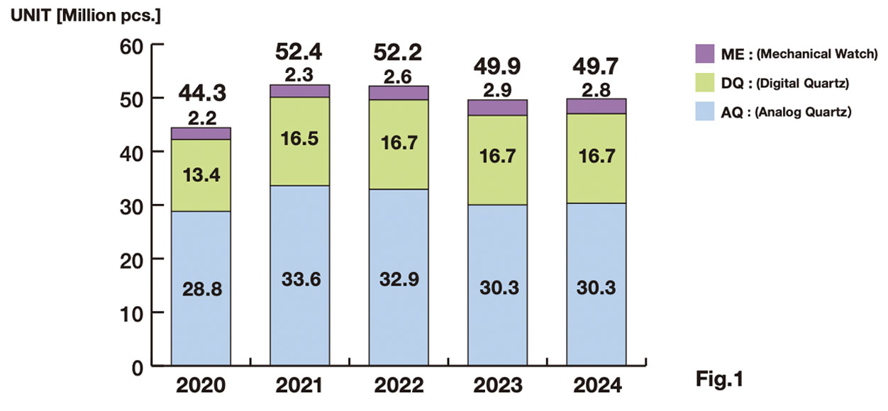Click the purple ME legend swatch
click(x=706, y=53)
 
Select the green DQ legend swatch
click(x=706, y=83)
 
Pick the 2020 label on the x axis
click(x=201, y=385)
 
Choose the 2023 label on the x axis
click(x=497, y=385)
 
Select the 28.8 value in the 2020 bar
click(x=201, y=291)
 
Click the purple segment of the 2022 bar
click(x=398, y=93)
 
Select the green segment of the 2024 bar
click(x=596, y=158)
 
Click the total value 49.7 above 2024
click(x=596, y=68)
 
